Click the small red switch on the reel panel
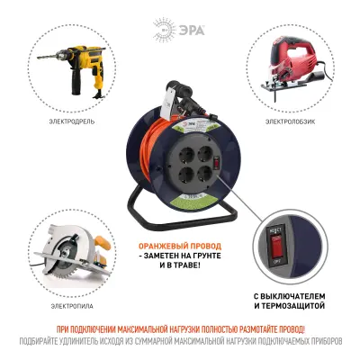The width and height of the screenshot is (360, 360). point(208,134)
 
